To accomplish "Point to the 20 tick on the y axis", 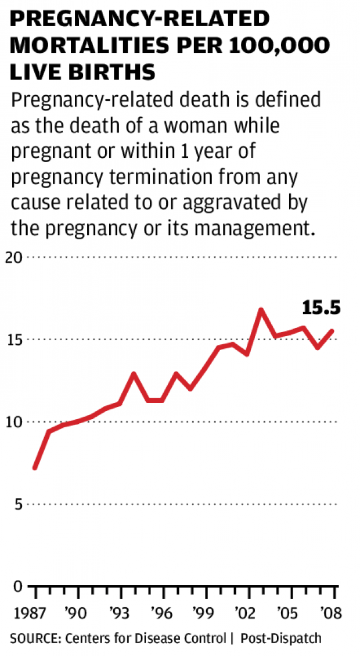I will click(x=19, y=257).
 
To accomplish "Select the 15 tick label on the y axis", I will click(x=19, y=340).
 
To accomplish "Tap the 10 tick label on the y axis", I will click(x=19, y=421).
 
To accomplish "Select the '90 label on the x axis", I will click(x=77, y=613).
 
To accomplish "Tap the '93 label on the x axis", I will click(x=120, y=613).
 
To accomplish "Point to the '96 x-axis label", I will click(x=163, y=613).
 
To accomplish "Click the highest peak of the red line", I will click(x=261, y=310).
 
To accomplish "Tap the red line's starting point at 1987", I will click(x=35, y=467).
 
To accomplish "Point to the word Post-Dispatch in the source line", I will click(x=280, y=639).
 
